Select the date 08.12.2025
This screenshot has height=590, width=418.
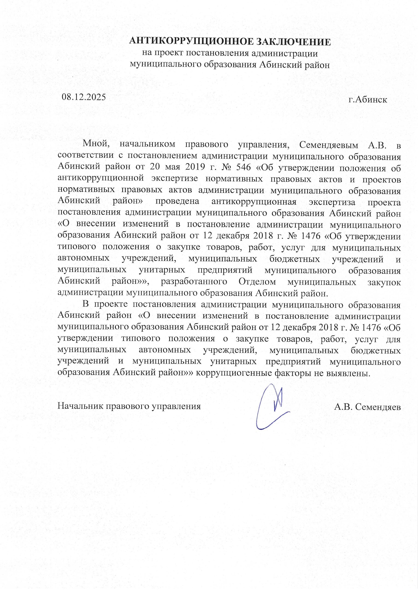84,97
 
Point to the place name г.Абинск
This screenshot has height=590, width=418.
368,100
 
